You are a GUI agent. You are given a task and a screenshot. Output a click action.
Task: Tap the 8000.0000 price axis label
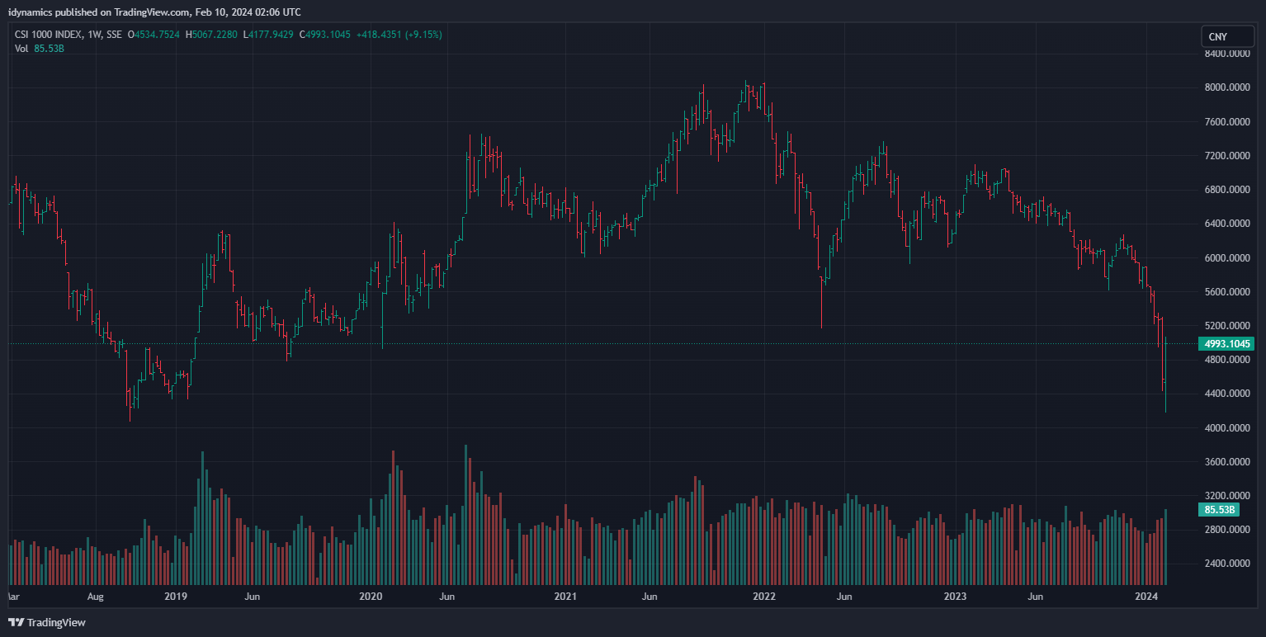[1226, 87]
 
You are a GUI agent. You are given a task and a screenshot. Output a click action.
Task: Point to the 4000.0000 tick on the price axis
[1226, 428]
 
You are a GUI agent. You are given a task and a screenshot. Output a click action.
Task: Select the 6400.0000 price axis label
[1226, 224]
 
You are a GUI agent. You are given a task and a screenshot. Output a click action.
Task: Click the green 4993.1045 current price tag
[1226, 343]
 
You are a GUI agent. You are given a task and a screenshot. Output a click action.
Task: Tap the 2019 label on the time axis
[176, 596]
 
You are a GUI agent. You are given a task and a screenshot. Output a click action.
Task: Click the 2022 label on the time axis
[764, 596]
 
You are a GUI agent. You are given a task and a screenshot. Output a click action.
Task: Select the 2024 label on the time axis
[1146, 596]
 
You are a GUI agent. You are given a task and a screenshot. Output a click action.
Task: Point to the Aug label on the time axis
[96, 596]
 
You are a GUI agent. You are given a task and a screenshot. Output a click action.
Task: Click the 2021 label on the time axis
[565, 596]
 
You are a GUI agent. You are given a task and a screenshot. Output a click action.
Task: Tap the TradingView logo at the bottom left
[47, 622]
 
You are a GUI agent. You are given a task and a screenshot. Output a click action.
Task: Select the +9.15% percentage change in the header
[423, 35]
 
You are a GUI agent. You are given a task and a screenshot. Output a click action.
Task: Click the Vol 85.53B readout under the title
[40, 49]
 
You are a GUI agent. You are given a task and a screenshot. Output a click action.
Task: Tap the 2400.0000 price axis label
[1226, 564]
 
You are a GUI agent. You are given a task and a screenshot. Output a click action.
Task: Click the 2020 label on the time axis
[371, 596]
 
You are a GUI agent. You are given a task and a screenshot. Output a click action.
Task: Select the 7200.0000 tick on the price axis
[1226, 156]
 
